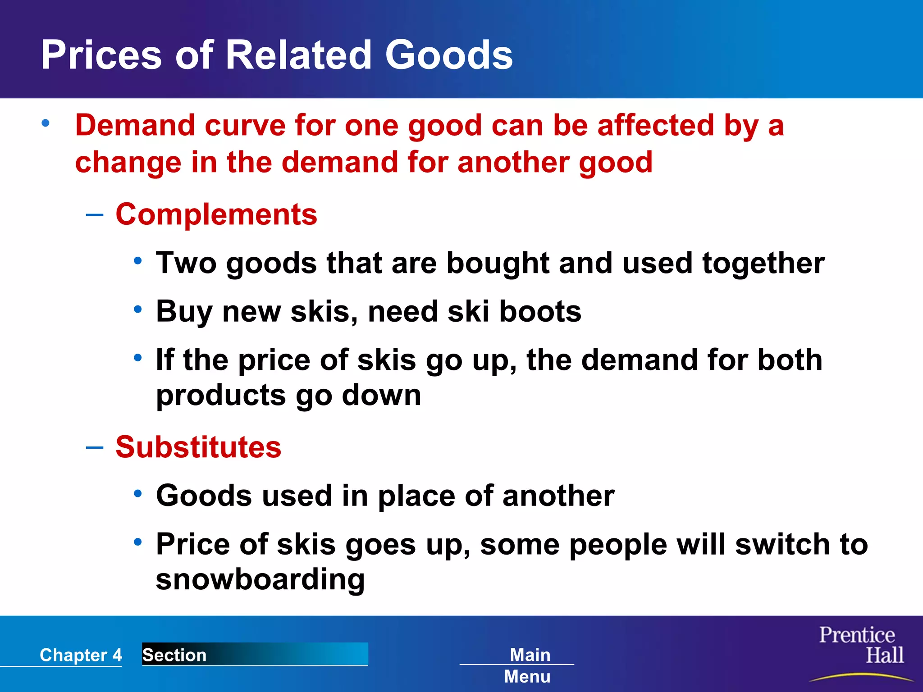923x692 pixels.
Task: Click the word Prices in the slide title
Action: tap(101, 55)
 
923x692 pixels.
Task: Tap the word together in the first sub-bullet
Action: tap(763, 263)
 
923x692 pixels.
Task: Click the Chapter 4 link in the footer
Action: tap(81, 655)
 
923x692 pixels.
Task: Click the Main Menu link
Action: tap(529, 665)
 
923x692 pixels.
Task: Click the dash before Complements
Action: tap(95, 215)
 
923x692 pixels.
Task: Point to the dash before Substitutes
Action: tap(95, 447)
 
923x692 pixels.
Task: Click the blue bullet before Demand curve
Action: tap(45, 123)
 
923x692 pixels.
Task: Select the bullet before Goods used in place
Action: tap(138, 494)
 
